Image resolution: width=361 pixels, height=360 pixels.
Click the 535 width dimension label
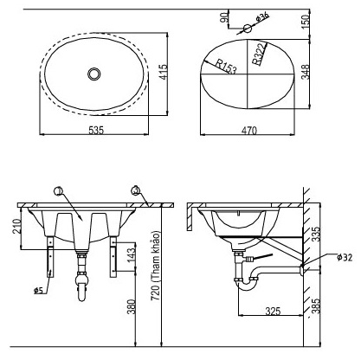coord(96,130)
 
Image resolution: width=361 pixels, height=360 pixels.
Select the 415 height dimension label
coord(163,72)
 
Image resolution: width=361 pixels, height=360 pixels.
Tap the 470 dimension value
coord(248,131)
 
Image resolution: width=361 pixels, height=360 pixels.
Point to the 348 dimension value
coord(305,72)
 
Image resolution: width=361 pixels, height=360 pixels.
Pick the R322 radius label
coord(259,54)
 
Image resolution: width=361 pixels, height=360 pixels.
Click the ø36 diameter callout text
coord(262,17)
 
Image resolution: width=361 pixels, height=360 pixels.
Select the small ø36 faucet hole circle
coord(248,29)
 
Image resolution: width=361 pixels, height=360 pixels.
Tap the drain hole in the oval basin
coord(94,74)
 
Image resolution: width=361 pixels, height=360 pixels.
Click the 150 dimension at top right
coord(306,21)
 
